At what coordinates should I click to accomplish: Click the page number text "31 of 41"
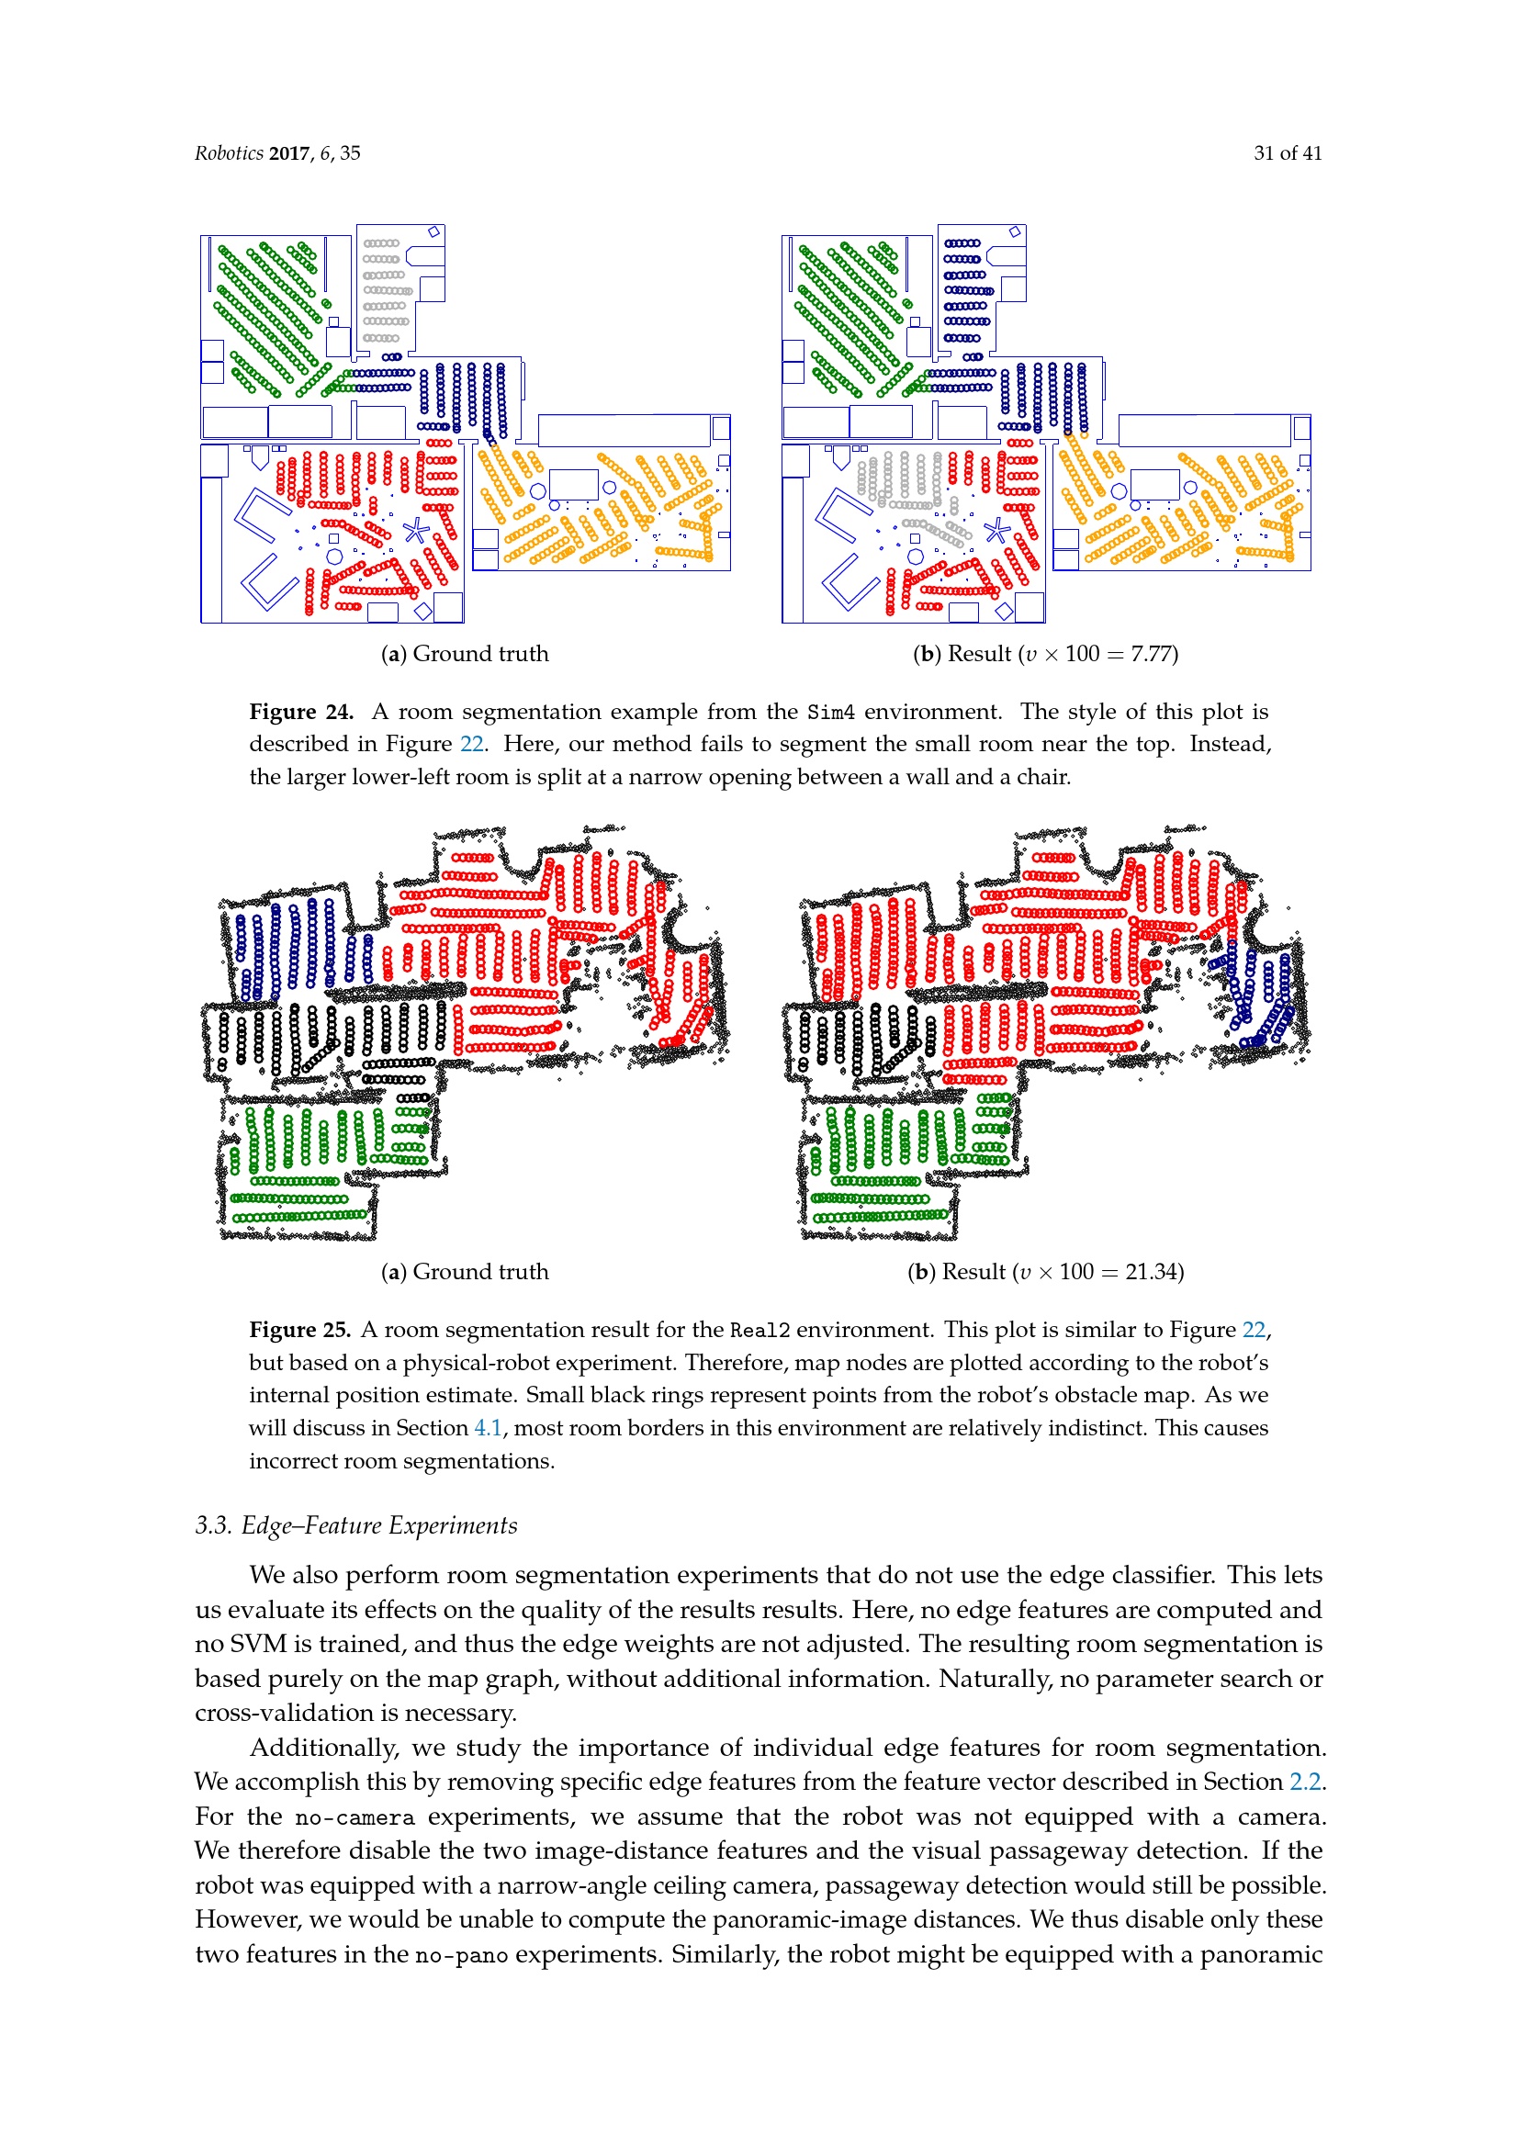pos(1287,153)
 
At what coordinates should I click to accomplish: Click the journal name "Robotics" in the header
pos(230,153)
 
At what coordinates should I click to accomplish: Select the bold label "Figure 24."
pos(301,712)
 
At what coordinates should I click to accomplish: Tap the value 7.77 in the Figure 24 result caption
pos(1151,654)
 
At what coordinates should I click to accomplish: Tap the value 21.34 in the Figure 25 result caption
pos(1152,1272)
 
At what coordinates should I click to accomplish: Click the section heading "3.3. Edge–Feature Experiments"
pos(355,1526)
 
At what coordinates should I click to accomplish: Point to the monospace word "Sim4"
pos(830,713)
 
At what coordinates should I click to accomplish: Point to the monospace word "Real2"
pos(759,1331)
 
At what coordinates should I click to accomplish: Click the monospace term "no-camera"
pos(354,1817)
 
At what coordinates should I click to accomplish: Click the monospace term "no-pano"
pos(461,1955)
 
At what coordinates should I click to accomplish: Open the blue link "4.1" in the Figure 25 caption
pos(488,1429)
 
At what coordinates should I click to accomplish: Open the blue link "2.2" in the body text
pos(1305,1783)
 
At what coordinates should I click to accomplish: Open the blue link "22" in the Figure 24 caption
pos(471,745)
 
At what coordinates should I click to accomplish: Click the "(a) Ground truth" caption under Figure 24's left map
pos(465,654)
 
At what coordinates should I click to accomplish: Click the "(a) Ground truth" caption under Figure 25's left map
pos(465,1272)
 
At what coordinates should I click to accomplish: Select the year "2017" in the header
pos(289,153)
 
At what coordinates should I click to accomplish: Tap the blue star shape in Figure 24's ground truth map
pos(416,532)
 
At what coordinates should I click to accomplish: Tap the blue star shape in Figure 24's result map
pos(997,532)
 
